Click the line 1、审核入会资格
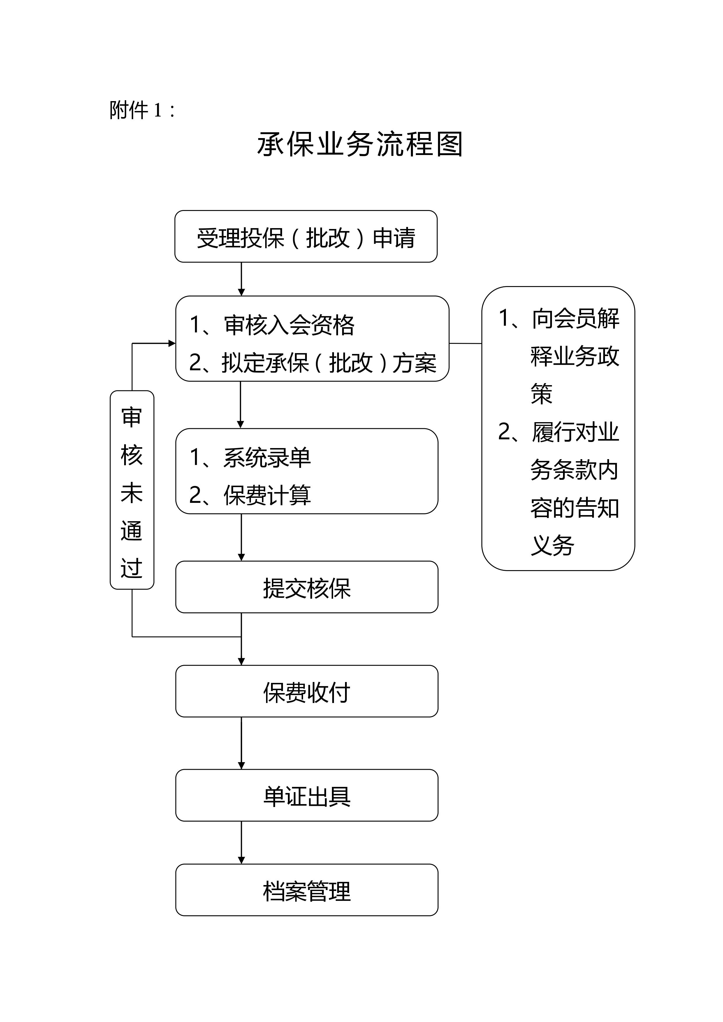click(x=272, y=325)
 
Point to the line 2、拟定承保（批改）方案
click(x=312, y=362)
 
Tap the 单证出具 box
click(x=307, y=796)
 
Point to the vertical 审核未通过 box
click(x=132, y=490)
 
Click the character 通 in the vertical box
click(x=132, y=530)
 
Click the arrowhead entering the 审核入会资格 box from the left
click(x=172, y=343)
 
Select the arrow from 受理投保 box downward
click(x=241, y=279)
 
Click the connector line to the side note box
click(x=465, y=343)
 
